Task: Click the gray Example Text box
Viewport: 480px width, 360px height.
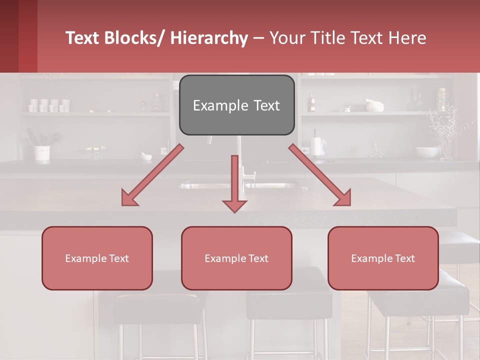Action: click(236, 105)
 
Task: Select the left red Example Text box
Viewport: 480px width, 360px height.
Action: click(97, 258)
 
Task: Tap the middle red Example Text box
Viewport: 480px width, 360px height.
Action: click(236, 258)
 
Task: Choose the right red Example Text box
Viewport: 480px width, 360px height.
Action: click(383, 258)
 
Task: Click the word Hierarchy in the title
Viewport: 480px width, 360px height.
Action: click(209, 38)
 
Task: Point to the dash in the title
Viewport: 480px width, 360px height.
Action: click(258, 38)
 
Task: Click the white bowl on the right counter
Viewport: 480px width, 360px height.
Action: click(427, 152)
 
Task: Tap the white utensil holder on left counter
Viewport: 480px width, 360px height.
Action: click(42, 153)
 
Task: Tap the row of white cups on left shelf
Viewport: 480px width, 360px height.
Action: click(49, 105)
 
